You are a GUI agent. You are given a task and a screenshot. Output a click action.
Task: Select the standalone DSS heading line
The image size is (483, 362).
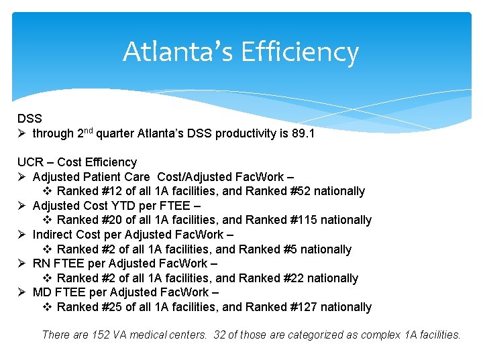30,118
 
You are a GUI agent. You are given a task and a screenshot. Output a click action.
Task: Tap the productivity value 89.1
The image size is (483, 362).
303,133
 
